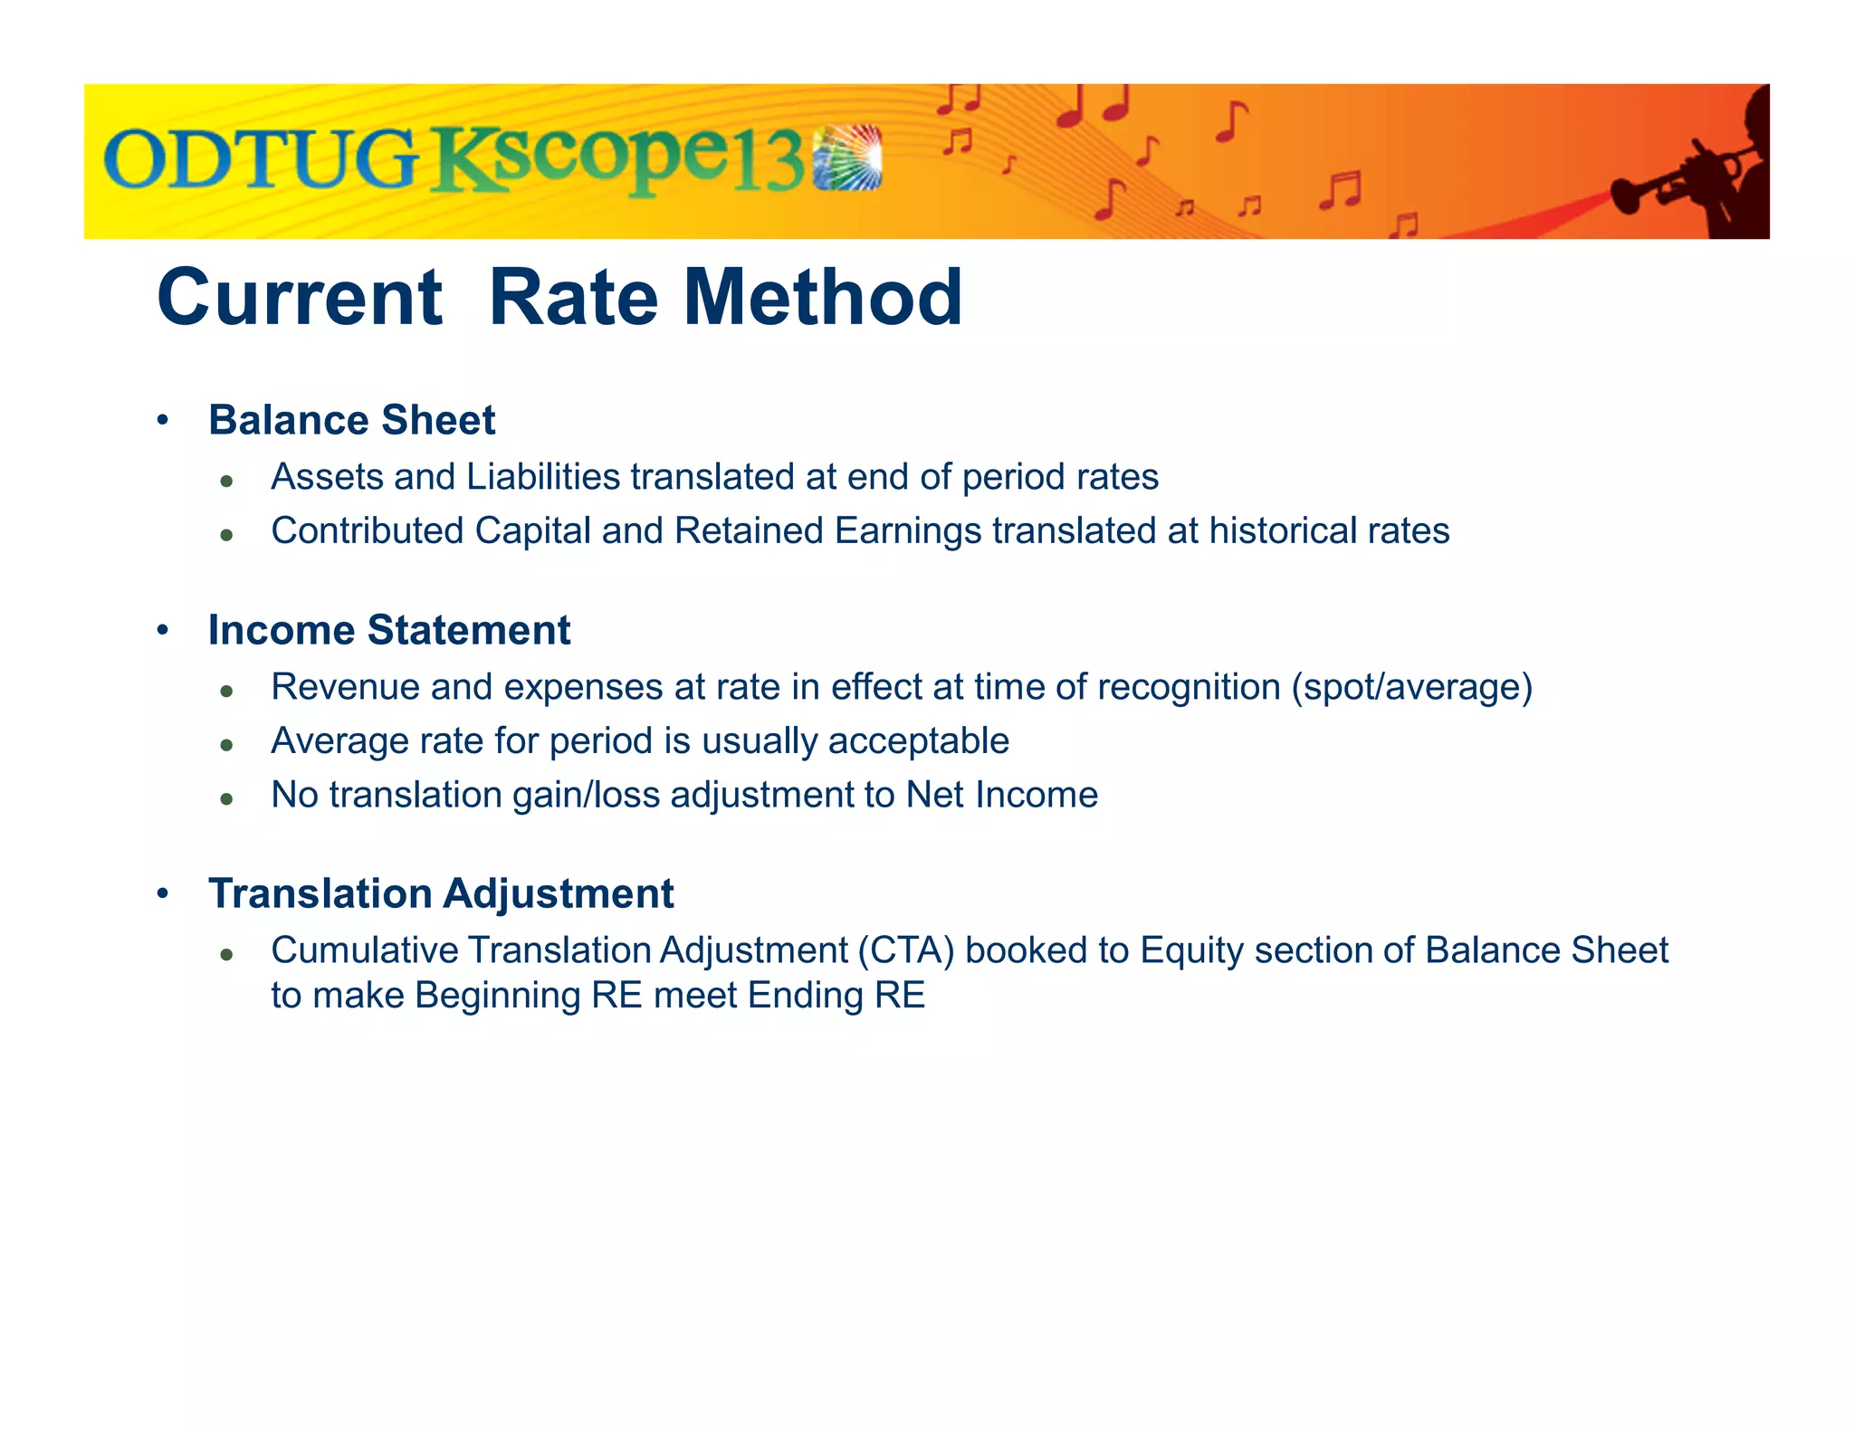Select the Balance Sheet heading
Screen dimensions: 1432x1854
click(351, 420)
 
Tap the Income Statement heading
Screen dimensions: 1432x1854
click(389, 630)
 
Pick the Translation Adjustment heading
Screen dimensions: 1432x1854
click(441, 893)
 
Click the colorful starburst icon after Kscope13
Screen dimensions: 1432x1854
click(847, 158)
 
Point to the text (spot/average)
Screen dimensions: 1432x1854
click(1411, 687)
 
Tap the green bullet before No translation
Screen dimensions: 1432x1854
click(227, 799)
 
